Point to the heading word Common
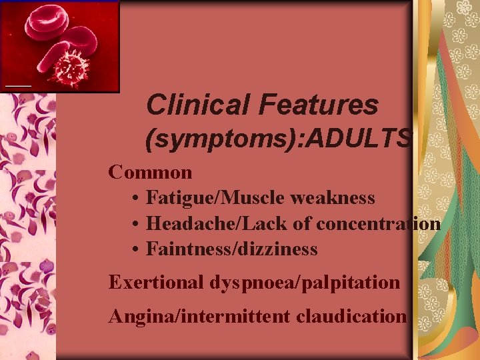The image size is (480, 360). coord(151,173)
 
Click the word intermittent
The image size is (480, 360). coord(230,315)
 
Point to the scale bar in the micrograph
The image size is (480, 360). coord(19,87)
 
